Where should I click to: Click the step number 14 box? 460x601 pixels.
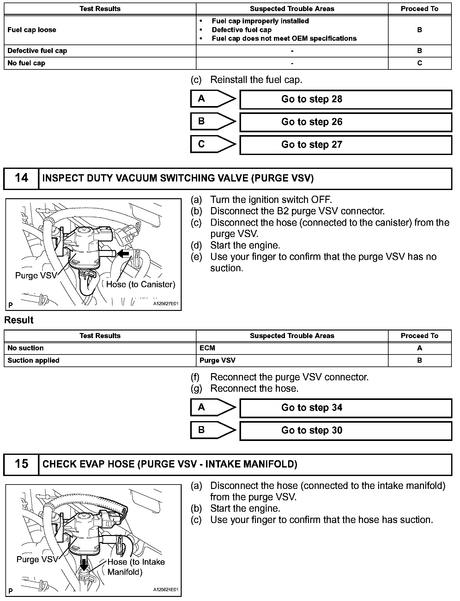click(x=21, y=178)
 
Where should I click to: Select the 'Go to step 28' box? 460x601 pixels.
click(x=346, y=99)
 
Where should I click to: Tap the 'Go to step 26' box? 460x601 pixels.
click(x=346, y=122)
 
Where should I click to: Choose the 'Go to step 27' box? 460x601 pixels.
click(x=346, y=145)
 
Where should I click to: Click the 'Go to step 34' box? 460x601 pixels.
click(x=346, y=408)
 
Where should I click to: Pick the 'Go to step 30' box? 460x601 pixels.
click(x=346, y=431)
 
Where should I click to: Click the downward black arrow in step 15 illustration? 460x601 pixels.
click(x=84, y=562)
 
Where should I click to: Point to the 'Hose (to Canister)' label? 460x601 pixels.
click(x=141, y=284)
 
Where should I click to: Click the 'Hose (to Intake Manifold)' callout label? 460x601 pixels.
click(x=136, y=567)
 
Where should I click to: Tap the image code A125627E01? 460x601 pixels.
click(x=166, y=304)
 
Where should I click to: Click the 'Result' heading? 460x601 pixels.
click(x=19, y=320)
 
